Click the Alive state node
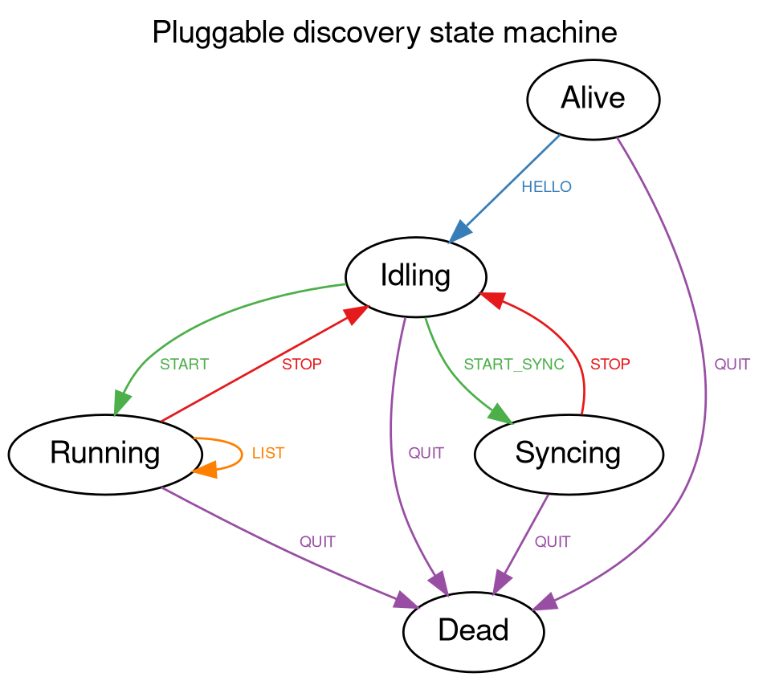pos(593,99)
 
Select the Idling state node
pos(415,277)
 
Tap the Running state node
pos(104,455)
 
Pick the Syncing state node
pos(568,455)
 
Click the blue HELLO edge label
pos(546,187)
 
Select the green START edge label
pos(184,365)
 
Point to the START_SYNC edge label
pos(514,365)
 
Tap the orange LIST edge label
pos(267,454)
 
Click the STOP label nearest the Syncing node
pos(610,365)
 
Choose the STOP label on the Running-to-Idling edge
pos(301,365)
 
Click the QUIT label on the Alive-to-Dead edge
pos(732,365)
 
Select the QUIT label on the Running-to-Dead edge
pos(317,542)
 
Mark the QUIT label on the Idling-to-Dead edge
pos(426,454)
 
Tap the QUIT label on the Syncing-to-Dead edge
pos(552,542)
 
